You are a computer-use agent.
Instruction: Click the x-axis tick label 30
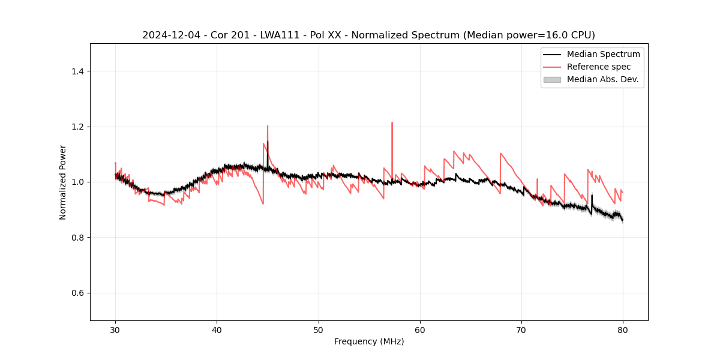pos(115,329)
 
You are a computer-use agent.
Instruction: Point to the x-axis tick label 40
pos(217,329)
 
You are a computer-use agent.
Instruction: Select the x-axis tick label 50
pos(319,329)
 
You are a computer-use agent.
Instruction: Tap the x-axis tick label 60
pos(420,329)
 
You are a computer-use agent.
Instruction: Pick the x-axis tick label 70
pos(521,329)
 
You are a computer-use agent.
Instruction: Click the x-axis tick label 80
pos(623,329)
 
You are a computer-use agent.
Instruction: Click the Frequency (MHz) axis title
pos(369,341)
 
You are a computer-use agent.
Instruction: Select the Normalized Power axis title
pos(62,182)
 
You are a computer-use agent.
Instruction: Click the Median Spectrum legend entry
pos(603,54)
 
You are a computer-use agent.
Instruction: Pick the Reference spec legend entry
pos(599,67)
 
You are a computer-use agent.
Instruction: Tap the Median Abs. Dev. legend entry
pos(602,79)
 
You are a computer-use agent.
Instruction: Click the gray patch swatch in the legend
pos(552,79)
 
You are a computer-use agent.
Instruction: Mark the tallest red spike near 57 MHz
pos(392,123)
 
